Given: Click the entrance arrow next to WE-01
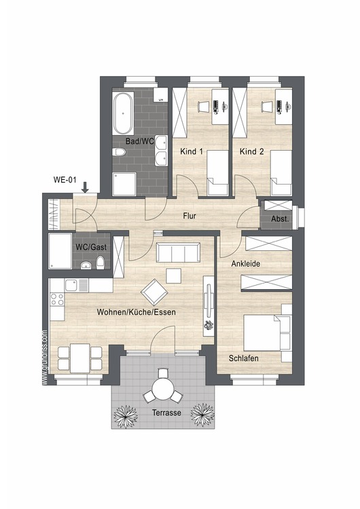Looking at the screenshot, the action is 85,187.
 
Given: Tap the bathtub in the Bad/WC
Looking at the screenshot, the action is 122,113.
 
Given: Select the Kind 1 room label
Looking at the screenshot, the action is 192,151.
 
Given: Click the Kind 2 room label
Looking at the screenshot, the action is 251,151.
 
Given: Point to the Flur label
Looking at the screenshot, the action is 190,216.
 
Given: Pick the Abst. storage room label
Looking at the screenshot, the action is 280,219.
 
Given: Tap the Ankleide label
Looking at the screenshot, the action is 246,263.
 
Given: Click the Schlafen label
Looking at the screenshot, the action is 244,358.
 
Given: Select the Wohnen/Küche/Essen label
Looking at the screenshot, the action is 136,312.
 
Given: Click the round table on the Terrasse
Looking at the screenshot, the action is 162,387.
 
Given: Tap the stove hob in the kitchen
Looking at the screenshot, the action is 57,299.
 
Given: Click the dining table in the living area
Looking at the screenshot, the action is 80,358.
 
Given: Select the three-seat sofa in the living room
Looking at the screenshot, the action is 178,252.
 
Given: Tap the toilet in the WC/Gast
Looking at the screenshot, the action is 101,263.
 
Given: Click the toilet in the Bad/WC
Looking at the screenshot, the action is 119,152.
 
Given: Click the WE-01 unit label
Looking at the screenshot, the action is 65,180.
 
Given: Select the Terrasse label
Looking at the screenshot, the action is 166,413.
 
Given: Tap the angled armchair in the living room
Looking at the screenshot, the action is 154,292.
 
